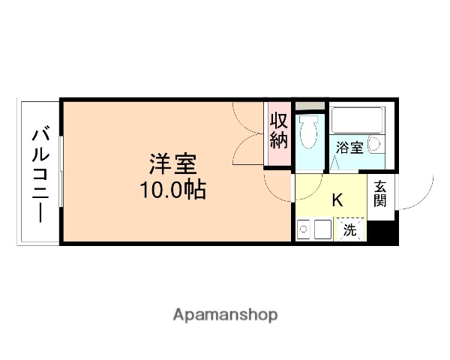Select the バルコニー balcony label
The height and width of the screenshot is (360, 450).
41,173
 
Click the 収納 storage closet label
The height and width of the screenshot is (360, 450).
279,129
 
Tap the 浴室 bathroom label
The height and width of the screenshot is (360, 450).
349,148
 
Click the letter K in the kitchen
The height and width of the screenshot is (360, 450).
337,200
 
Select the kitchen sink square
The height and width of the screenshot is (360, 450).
323,229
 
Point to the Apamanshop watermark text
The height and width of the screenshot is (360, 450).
225,314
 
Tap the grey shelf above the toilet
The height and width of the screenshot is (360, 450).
309,105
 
